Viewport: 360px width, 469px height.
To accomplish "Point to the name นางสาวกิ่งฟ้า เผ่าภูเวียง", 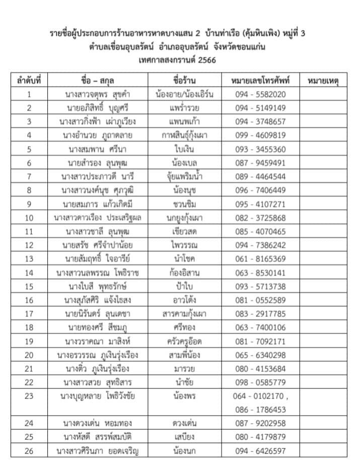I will pyautogui.click(x=101, y=121).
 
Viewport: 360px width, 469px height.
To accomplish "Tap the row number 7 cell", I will pyautogui.click(x=29, y=176).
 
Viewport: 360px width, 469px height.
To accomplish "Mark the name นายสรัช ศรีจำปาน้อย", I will pyautogui.click(x=101, y=245).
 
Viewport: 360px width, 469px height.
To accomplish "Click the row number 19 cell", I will pyautogui.click(x=29, y=342).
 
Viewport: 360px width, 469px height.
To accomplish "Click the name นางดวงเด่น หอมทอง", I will pyautogui.click(x=101, y=424).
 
